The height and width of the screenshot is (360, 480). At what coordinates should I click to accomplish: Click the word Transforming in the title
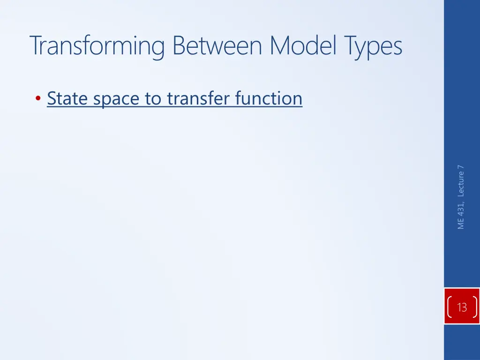coord(97,46)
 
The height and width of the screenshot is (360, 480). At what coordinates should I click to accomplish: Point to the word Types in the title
coord(374,46)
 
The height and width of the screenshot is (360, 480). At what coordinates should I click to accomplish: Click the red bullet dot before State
coord(37,99)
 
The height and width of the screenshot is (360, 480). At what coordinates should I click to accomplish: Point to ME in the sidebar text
coord(461,223)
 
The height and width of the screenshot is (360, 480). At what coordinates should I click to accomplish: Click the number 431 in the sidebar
coord(461,208)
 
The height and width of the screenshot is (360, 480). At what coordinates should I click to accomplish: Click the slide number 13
coord(462,307)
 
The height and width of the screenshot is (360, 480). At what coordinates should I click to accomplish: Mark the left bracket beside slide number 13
coord(450,307)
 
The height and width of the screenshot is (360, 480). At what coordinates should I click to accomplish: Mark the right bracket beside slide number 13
coord(475,307)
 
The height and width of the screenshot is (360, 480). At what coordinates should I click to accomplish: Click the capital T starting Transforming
coord(36,46)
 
